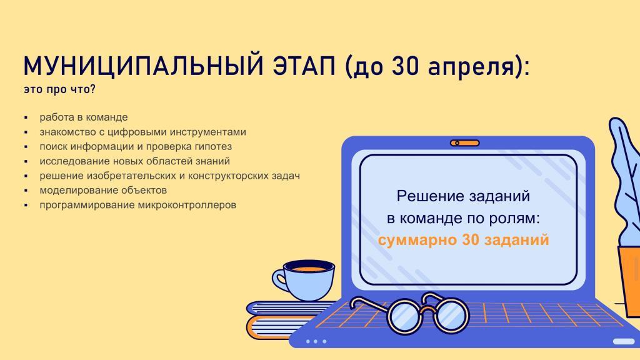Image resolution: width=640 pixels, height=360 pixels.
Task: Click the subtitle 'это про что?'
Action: (59, 89)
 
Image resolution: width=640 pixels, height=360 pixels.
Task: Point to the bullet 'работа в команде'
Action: (84, 117)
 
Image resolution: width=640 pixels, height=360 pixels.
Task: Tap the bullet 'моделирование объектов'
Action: (103, 190)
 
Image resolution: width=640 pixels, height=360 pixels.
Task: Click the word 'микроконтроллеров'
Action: (187, 205)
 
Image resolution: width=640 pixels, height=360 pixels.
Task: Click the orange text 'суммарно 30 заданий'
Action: (463, 239)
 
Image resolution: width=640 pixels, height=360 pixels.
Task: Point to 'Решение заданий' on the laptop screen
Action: (463, 196)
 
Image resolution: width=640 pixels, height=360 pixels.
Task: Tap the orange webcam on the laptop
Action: (465, 143)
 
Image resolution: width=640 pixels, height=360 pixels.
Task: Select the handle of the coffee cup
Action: (280, 279)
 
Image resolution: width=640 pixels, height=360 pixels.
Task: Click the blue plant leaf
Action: (625, 179)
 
